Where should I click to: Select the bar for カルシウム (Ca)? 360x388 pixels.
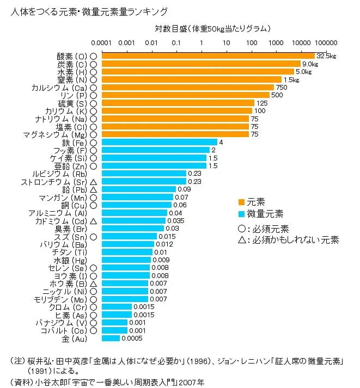(187, 87)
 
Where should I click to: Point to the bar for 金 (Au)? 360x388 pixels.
(111, 338)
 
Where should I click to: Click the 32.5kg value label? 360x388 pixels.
(327, 56)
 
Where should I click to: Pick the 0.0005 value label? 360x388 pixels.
(132, 338)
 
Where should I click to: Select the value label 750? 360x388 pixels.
(282, 87)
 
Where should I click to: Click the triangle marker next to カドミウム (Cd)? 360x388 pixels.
(94, 221)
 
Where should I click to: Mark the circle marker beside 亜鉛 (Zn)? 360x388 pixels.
(94, 166)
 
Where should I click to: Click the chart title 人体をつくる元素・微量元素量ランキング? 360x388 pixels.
(89, 11)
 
